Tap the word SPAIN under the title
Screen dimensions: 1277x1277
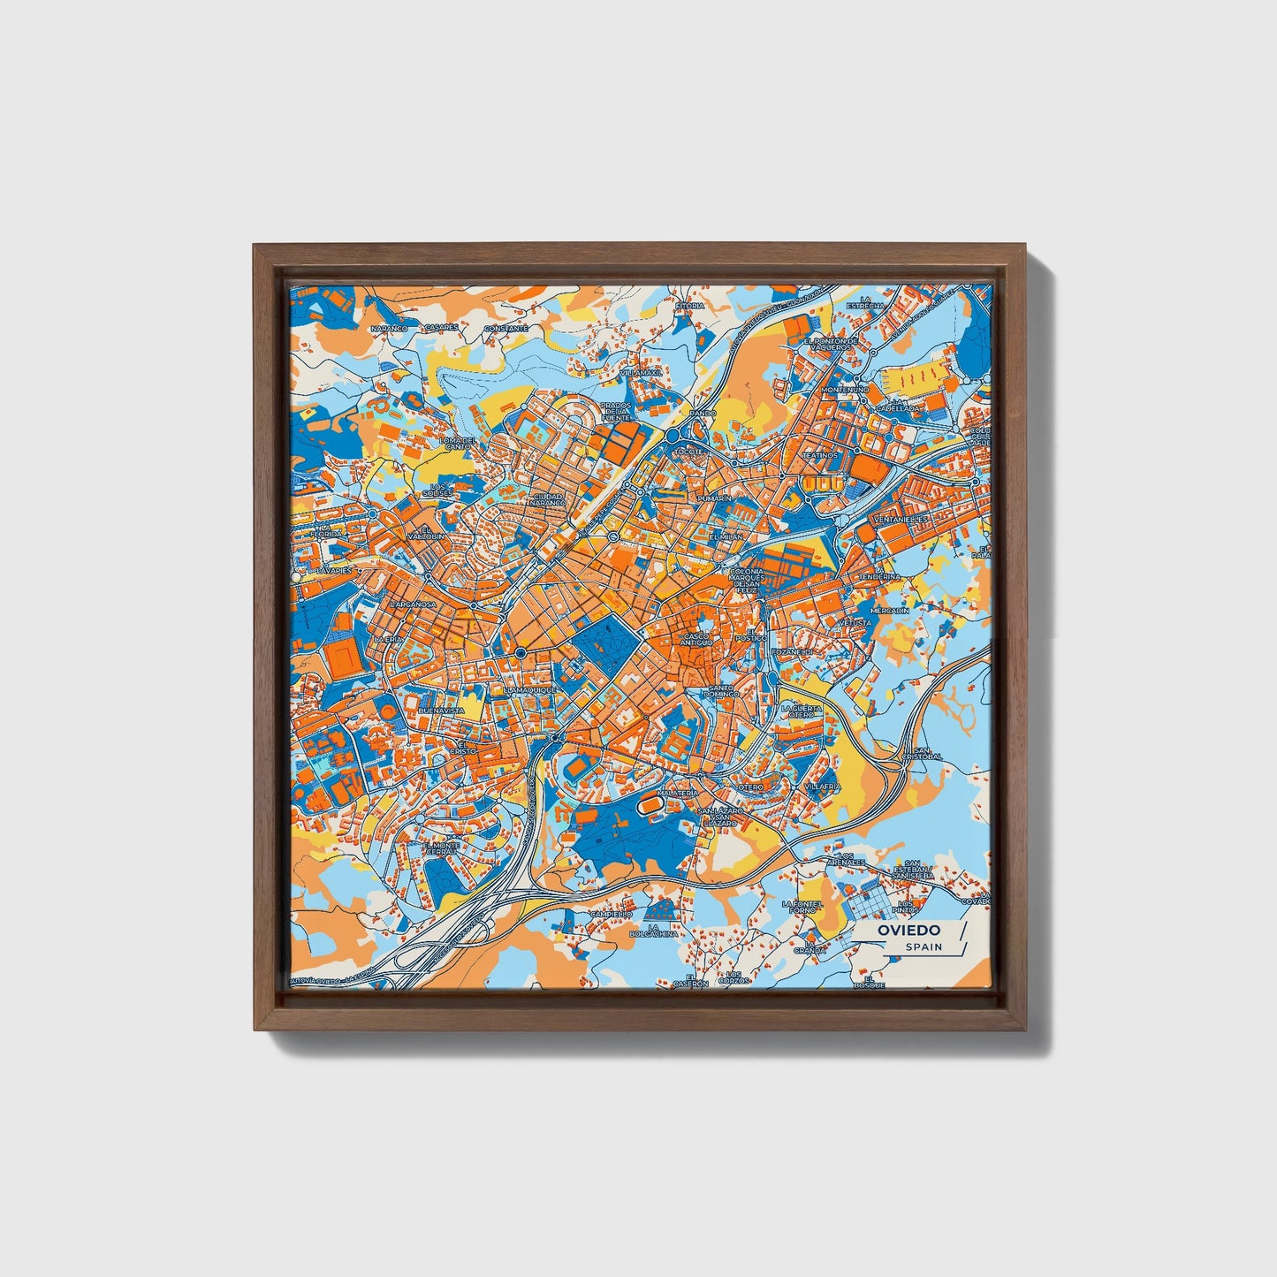coord(924,947)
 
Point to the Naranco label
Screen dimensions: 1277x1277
coord(389,328)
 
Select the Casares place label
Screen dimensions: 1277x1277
coord(441,327)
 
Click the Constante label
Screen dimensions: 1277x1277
coord(505,328)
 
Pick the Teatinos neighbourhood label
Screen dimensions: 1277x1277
coord(819,455)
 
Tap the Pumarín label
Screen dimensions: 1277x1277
coord(715,499)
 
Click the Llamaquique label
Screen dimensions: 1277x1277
coord(528,689)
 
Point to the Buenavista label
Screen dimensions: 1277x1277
coord(441,711)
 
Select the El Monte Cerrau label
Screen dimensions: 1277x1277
coord(443,848)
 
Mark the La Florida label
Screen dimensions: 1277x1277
coord(325,530)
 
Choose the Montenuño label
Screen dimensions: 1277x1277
coord(846,390)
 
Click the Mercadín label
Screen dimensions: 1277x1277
coord(890,611)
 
